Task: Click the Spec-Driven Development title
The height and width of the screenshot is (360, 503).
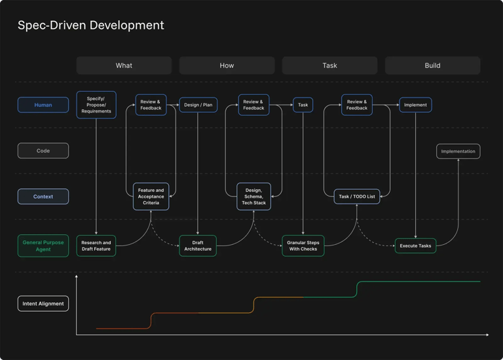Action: (x=90, y=26)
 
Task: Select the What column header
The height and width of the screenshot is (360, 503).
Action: (x=124, y=65)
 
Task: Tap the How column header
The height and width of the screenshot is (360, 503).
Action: (x=227, y=65)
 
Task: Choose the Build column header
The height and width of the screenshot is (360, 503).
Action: (x=432, y=65)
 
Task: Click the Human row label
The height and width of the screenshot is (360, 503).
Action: (x=43, y=105)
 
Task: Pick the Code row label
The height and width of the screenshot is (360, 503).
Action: (x=43, y=151)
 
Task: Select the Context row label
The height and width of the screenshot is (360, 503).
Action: (x=43, y=196)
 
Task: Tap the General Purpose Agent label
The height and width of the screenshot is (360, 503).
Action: (x=43, y=245)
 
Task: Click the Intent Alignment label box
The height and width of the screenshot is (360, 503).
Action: (x=43, y=304)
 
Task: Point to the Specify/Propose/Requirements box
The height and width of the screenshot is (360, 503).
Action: (x=96, y=105)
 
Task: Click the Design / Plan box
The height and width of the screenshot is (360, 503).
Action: (x=198, y=105)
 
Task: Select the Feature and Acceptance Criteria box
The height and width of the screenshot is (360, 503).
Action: (x=151, y=196)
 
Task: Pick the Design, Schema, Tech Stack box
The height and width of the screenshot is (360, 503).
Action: (x=253, y=196)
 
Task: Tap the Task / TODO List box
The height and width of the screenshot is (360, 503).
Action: (x=357, y=196)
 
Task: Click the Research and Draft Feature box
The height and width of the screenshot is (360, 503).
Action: (x=96, y=245)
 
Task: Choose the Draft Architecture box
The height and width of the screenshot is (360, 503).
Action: (x=198, y=245)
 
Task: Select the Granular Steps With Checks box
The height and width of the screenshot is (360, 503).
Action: (x=303, y=245)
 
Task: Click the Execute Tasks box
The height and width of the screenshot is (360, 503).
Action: (x=415, y=245)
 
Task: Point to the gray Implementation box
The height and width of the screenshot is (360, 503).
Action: (x=458, y=151)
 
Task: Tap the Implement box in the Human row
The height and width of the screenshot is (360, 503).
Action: (x=415, y=105)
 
